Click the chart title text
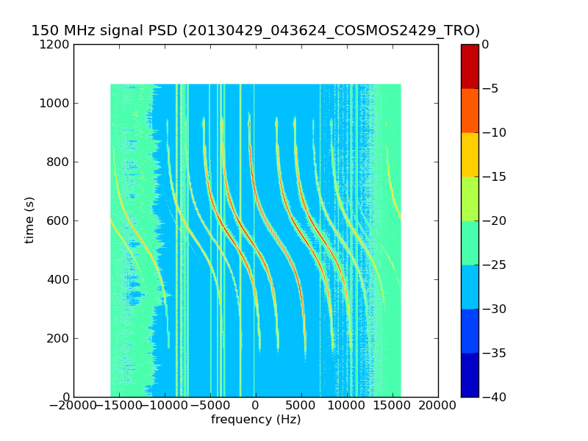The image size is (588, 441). (255, 31)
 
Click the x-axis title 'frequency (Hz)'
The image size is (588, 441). (256, 420)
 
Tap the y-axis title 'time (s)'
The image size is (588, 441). (29, 220)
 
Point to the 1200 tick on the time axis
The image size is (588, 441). (56, 44)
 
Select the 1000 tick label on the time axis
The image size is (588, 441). (56, 103)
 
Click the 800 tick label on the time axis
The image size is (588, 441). (59, 162)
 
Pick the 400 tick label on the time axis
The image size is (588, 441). (59, 279)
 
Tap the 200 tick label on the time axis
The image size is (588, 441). (59, 338)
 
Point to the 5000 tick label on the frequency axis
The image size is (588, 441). (301, 406)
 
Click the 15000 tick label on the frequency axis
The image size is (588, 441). (392, 406)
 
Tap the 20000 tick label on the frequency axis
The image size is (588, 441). (438, 406)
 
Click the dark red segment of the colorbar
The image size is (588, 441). (470, 66)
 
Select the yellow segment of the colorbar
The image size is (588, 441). (470, 154)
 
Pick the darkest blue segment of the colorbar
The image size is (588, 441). (470, 375)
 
